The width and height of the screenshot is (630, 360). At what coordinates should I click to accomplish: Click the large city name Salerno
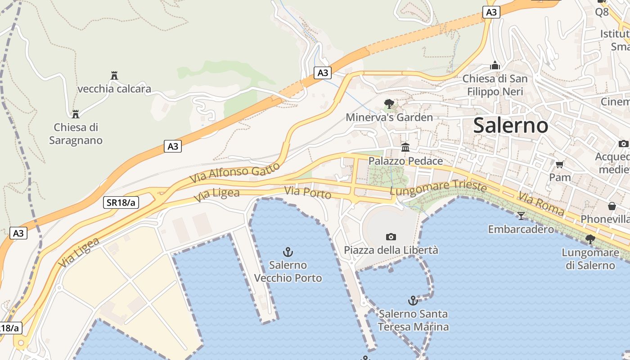point(510,126)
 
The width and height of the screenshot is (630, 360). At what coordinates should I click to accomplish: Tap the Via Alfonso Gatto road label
point(234,172)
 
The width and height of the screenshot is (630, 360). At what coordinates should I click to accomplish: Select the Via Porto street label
point(308,192)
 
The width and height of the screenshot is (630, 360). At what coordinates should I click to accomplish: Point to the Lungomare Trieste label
point(438,188)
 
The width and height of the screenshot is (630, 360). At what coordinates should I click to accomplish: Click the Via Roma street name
point(541,203)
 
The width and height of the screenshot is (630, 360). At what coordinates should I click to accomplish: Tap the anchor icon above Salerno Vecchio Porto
point(288,252)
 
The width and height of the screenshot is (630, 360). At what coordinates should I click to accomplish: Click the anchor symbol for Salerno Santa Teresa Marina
point(413,300)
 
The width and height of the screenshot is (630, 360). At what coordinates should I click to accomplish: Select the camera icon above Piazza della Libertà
point(391,237)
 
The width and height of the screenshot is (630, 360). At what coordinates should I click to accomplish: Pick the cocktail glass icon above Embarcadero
point(521,216)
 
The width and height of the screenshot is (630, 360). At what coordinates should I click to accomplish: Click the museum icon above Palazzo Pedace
point(405,147)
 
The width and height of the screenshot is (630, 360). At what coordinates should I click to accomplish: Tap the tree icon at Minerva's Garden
point(389,104)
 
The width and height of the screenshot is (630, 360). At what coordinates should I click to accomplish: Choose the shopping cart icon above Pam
point(560,164)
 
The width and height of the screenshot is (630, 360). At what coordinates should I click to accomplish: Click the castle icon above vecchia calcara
point(114,75)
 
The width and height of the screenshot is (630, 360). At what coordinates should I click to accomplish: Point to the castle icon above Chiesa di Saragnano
point(76,113)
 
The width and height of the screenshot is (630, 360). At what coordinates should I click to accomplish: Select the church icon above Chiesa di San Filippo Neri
point(495,65)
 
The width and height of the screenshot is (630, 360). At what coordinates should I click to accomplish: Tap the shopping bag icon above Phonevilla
point(612,206)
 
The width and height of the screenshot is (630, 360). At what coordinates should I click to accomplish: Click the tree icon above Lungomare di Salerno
point(590,239)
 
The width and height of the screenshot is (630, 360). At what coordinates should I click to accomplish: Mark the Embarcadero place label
point(521,229)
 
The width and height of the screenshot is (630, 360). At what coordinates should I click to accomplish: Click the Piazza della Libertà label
point(391,250)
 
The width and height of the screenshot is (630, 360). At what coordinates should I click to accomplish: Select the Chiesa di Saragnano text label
point(76,134)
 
